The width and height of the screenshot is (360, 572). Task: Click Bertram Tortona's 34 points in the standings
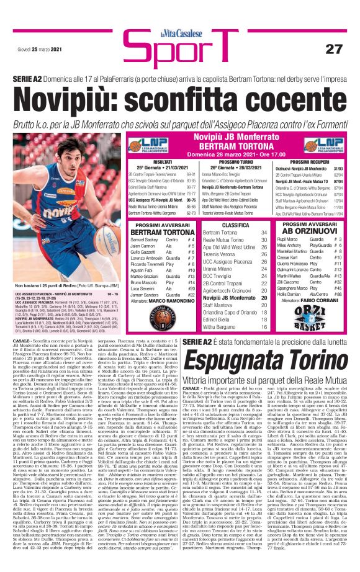(x=264, y=232)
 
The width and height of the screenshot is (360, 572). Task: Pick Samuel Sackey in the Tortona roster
(x=145, y=239)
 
